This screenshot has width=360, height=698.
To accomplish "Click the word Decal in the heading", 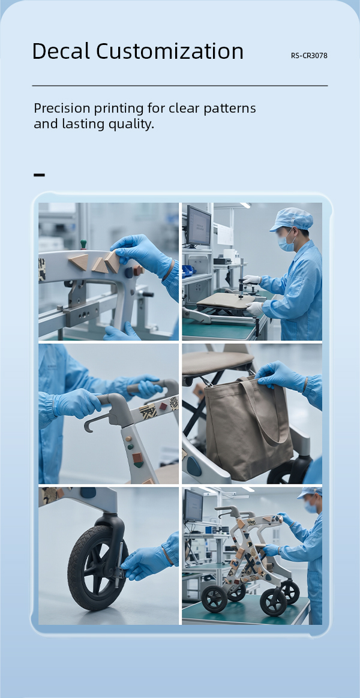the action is pyautogui.click(x=61, y=51).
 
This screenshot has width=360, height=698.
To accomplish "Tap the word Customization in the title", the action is pyautogui.click(x=170, y=51).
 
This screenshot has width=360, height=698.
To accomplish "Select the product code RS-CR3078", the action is pyautogui.click(x=309, y=56).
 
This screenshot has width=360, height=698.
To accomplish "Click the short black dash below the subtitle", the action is pyautogui.click(x=39, y=175).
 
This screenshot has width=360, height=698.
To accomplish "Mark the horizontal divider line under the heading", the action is pyautogui.click(x=180, y=86).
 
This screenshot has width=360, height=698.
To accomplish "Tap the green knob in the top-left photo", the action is pyautogui.click(x=83, y=244).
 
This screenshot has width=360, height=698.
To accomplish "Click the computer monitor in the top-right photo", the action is pyautogui.click(x=198, y=225).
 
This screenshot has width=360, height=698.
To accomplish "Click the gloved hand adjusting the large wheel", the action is pyautogui.click(x=147, y=562).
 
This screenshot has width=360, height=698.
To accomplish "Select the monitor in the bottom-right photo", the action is pyautogui.click(x=193, y=506).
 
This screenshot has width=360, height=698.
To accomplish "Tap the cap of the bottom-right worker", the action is pyautogui.click(x=311, y=492).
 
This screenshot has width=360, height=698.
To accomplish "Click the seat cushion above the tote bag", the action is pyautogui.click(x=217, y=362).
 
